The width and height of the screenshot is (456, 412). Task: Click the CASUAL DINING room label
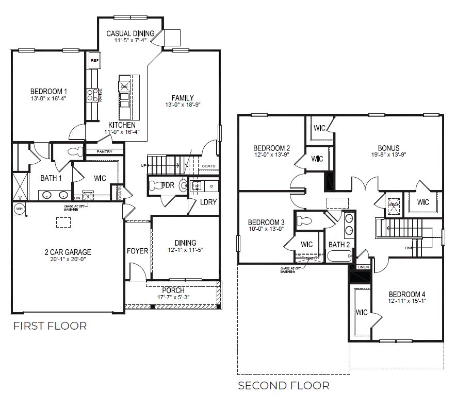(131, 33)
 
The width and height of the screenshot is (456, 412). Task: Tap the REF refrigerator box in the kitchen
(94, 61)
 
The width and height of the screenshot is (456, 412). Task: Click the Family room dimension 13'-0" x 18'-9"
(183, 105)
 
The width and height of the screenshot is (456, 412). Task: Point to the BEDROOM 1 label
(48, 91)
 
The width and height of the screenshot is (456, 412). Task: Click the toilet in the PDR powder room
(183, 185)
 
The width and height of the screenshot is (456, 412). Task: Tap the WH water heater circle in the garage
(19, 209)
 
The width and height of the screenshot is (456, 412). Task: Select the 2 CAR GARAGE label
(67, 252)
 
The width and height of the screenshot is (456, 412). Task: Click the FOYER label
(138, 251)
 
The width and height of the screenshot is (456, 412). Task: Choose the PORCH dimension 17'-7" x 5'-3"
(173, 298)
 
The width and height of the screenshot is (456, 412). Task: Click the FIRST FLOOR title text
(50, 325)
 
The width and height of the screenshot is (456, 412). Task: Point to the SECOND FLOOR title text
(283, 385)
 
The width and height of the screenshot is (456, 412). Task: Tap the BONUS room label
(388, 148)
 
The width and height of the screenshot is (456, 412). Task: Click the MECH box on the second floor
(394, 203)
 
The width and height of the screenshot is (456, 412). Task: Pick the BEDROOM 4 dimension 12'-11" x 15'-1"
(408, 302)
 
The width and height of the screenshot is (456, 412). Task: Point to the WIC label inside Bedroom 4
(362, 313)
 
